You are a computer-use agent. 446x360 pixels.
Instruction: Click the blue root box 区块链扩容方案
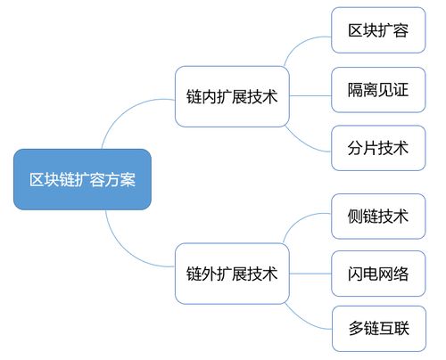[x=82, y=179]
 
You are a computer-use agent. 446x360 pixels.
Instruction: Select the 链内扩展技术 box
[x=232, y=96]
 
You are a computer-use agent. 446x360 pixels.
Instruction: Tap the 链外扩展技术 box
[x=232, y=274]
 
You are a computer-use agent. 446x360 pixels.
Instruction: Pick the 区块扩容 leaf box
[x=378, y=30]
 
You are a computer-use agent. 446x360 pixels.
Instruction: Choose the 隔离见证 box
[x=378, y=90]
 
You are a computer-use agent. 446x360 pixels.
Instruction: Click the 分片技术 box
[x=378, y=148]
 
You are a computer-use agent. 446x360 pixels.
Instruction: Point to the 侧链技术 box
[x=378, y=217]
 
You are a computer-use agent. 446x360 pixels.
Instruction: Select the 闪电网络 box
[x=378, y=274]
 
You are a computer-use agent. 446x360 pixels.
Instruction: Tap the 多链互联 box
[x=379, y=329]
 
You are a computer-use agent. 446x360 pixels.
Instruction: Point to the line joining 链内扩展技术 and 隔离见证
[x=310, y=95]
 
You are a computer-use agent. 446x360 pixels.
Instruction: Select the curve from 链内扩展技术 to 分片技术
[x=303, y=144]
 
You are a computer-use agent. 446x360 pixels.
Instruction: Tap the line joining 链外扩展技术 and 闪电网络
[x=310, y=274]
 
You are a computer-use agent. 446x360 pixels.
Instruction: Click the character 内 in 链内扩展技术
[x=210, y=96]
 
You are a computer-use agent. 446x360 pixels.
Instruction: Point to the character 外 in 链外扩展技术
[x=210, y=274]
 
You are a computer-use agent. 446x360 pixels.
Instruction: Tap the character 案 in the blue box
[x=128, y=179]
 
